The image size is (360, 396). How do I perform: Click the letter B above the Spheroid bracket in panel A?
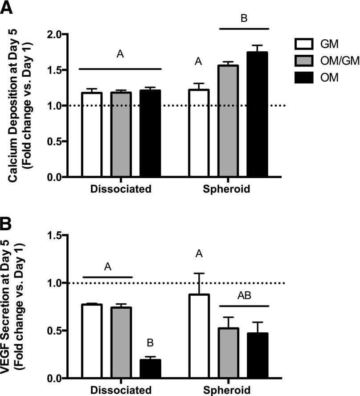coord(244,19)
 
